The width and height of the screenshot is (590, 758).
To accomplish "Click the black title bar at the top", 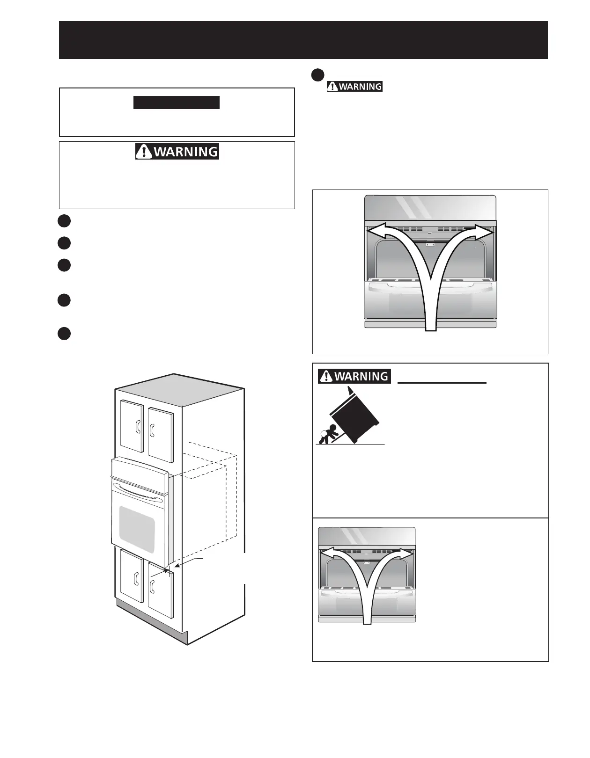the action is (x=303, y=40).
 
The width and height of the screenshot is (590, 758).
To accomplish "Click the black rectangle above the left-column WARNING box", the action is (x=176, y=102).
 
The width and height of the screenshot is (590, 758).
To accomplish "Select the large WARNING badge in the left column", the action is (x=177, y=152).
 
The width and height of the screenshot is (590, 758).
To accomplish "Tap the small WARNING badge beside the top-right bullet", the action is (x=354, y=87).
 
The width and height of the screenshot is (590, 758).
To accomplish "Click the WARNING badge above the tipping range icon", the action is (x=354, y=376).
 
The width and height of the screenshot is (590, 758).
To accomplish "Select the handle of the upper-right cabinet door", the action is (x=152, y=430).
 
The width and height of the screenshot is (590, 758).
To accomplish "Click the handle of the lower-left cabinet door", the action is (x=136, y=579).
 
